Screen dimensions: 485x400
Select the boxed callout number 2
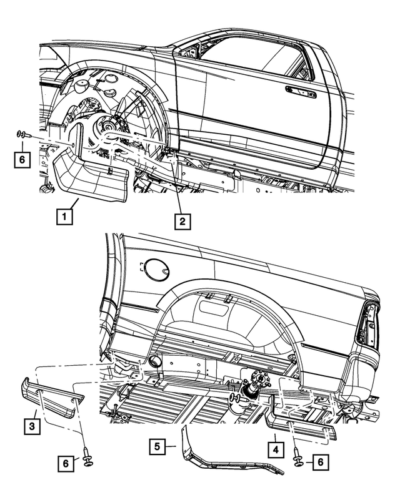click(x=182, y=220)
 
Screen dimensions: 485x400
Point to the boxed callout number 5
click(x=158, y=447)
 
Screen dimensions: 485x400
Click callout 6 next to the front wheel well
click(x=21, y=159)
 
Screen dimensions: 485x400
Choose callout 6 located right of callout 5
click(x=319, y=462)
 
